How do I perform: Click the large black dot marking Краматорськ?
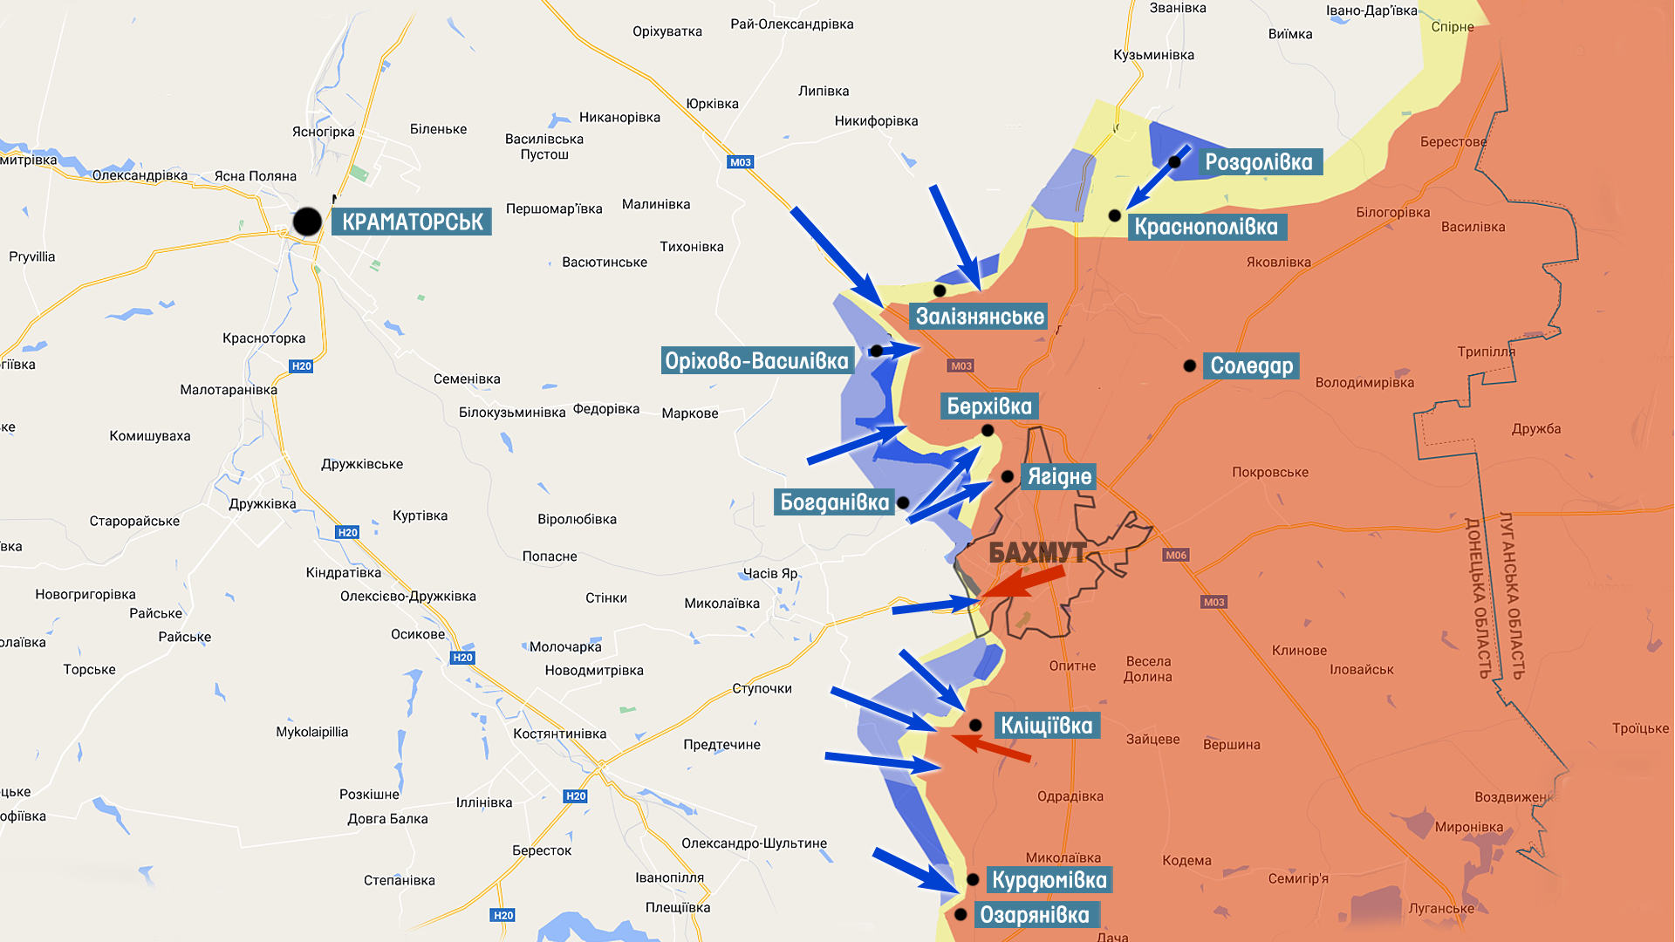(307, 222)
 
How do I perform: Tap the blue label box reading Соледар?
(1251, 365)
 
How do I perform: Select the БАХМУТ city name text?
(1037, 552)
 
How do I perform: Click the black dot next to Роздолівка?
(1174, 162)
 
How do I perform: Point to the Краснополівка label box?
(1207, 228)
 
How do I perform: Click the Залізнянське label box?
(979, 317)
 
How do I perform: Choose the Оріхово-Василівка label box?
(756, 361)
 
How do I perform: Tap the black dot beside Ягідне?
(1007, 476)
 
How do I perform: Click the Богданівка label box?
(834, 502)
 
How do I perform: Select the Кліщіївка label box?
(1046, 726)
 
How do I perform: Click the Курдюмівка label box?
(1049, 880)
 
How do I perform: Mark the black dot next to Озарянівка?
(961, 914)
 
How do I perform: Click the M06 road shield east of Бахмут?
(1175, 555)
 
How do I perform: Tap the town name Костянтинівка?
(559, 734)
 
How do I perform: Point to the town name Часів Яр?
(769, 573)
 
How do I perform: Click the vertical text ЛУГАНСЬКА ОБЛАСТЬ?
(1512, 595)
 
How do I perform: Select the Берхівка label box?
(988, 406)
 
